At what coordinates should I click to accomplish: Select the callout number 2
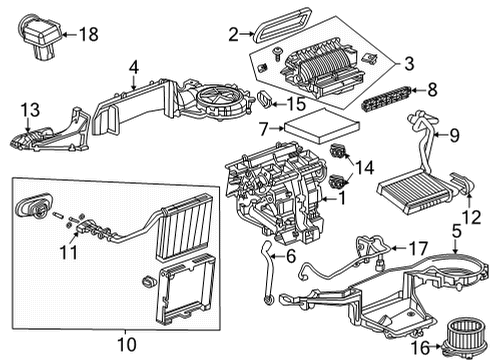click(233, 35)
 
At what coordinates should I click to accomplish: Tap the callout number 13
click(30, 108)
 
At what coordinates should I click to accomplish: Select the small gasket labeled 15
click(265, 99)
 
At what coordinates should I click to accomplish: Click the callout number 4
click(132, 69)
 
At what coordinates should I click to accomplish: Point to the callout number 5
click(457, 234)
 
